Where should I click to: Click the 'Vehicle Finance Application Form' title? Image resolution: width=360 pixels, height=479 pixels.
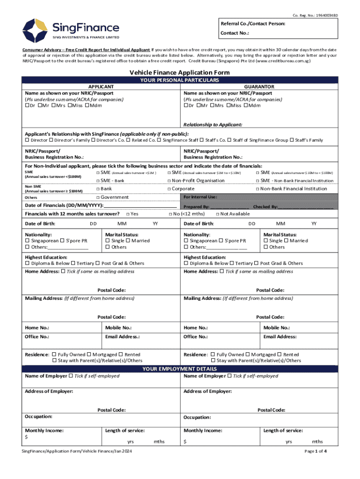pyautogui.click(x=180, y=73)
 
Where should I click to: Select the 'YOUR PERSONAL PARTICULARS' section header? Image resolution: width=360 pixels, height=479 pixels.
pyautogui.click(x=180, y=80)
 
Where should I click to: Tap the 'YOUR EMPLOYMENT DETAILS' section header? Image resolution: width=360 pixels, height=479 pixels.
pyautogui.click(x=180, y=369)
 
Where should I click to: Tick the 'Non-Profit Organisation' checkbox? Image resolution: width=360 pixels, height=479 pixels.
pyautogui.click(x=169, y=181)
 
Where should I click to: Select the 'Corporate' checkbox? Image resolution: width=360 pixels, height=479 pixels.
pyautogui.click(x=169, y=189)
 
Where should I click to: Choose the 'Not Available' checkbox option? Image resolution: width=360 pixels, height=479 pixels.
pyautogui.click(x=217, y=214)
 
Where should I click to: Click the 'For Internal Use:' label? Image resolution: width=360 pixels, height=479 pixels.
pyautogui.click(x=200, y=197)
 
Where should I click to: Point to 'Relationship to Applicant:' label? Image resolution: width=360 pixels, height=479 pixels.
pyautogui.click(x=213, y=125)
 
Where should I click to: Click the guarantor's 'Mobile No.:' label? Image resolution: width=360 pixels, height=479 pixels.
pyautogui.click(x=276, y=328)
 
